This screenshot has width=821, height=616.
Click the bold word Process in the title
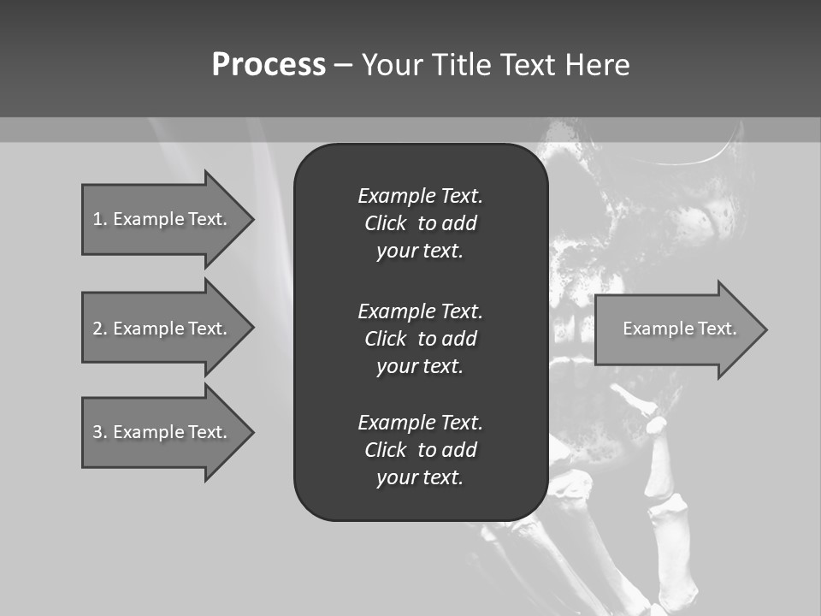tap(269, 65)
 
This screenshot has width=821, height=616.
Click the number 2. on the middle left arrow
tap(99, 329)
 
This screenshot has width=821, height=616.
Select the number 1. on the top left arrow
tap(99, 219)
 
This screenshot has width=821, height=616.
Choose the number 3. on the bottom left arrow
tap(99, 432)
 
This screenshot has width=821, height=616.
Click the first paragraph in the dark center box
tap(420, 223)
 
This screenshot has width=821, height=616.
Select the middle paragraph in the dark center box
tap(420, 339)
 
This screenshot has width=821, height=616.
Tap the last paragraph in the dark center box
tap(420, 450)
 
